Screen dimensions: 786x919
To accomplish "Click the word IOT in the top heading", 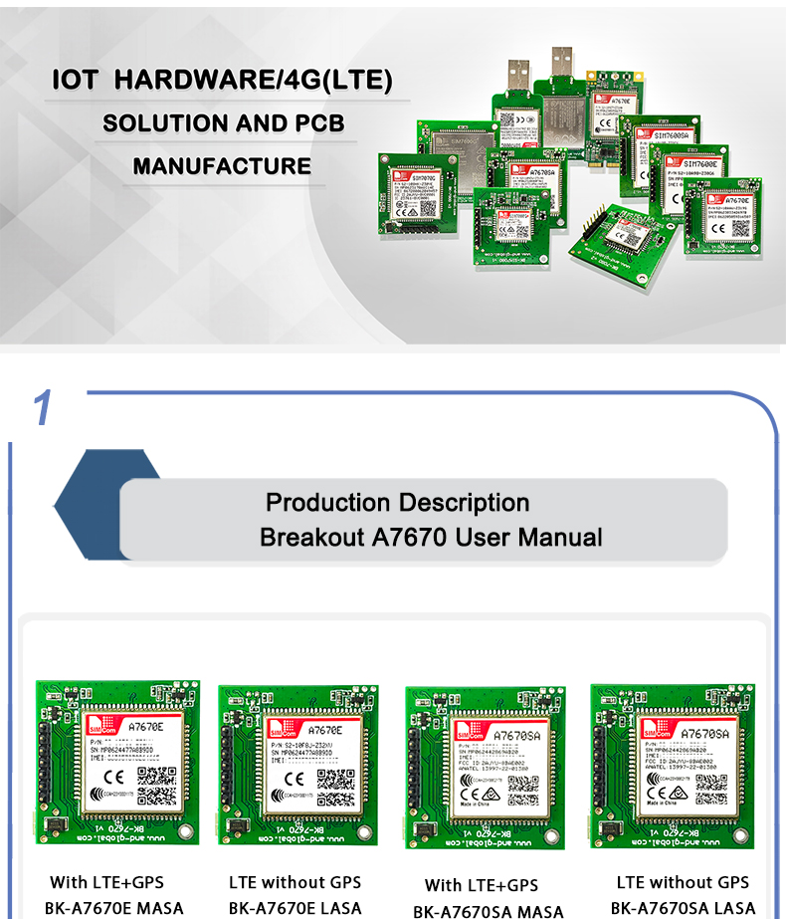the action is tap(75, 81).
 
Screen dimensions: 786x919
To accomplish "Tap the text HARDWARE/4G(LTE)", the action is tap(254, 81).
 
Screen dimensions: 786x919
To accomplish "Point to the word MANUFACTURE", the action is tap(222, 165).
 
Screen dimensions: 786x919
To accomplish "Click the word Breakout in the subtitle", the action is tap(311, 538).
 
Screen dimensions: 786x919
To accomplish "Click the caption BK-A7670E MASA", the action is tap(114, 908).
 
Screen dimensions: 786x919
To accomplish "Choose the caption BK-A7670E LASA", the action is tap(295, 908).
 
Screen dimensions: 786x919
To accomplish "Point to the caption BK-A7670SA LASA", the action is tap(684, 908).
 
